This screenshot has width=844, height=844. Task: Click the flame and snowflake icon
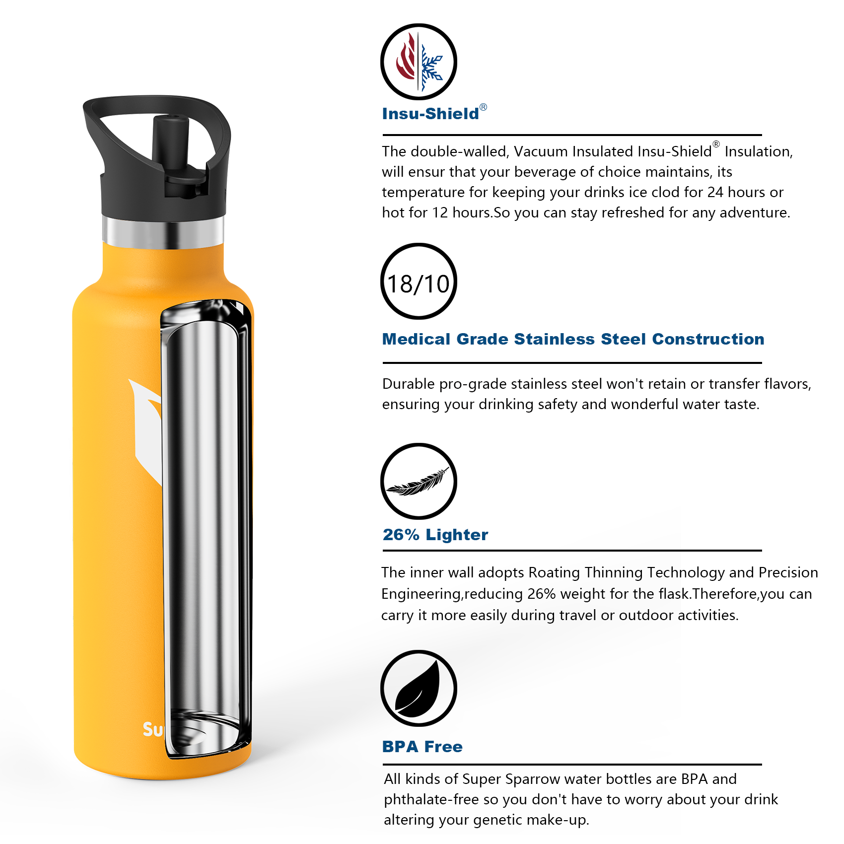(419, 62)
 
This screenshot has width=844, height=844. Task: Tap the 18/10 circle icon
(419, 281)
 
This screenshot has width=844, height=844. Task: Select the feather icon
(419, 481)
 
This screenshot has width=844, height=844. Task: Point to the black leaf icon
(419, 688)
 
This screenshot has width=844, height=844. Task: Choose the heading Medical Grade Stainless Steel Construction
(573, 339)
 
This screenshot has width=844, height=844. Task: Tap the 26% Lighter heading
(435, 535)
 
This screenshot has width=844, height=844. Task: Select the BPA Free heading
(422, 747)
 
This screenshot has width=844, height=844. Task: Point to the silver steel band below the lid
(163, 232)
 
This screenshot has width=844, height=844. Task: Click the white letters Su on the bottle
(152, 729)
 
